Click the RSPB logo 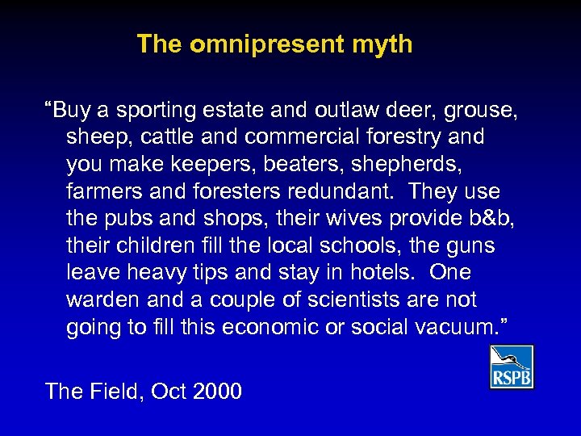pyautogui.click(x=511, y=367)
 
